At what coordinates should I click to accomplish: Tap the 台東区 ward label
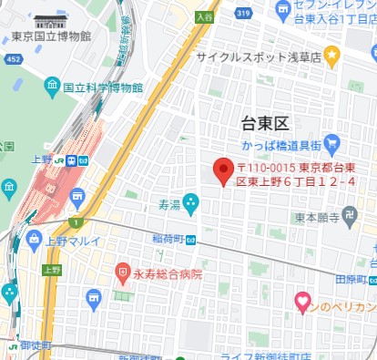264,123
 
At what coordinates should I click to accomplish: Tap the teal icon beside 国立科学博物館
52,87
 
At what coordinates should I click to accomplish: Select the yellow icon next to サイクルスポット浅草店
332,57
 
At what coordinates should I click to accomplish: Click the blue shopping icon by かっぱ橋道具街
331,143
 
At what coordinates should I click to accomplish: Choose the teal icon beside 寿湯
190,201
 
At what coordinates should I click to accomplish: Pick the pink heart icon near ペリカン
303,300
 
